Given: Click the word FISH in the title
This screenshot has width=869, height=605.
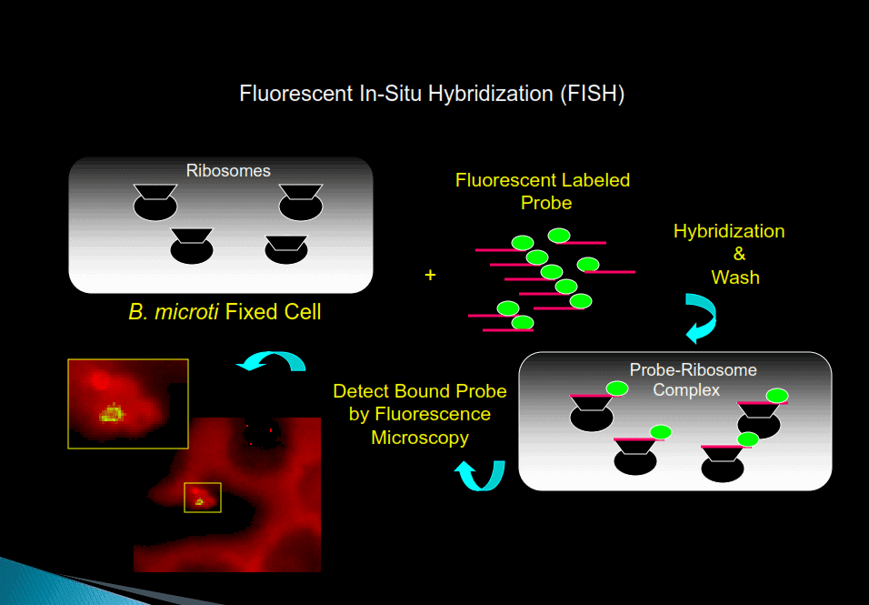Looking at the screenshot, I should pyautogui.click(x=592, y=94).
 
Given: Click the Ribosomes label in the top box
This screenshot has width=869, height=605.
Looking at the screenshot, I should pyautogui.click(x=228, y=170).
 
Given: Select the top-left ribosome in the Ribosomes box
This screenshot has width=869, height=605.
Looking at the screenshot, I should pyautogui.click(x=155, y=202).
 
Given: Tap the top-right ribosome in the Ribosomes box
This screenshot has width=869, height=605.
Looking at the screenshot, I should pyautogui.click(x=301, y=202).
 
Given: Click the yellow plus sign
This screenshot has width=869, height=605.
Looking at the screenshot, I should pyautogui.click(x=431, y=274).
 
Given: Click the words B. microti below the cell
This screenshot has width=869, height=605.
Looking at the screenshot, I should pyautogui.click(x=174, y=312).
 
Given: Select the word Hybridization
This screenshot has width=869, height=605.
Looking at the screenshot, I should pyautogui.click(x=729, y=231).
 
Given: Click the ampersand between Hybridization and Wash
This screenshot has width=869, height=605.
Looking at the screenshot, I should pyautogui.click(x=738, y=254).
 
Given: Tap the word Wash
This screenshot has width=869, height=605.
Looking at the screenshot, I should pyautogui.click(x=735, y=277).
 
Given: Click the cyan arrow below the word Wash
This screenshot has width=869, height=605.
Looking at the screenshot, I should pyautogui.click(x=701, y=318).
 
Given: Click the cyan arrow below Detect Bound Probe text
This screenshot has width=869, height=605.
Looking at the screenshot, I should pyautogui.click(x=480, y=474).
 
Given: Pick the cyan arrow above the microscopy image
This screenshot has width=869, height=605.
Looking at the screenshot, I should pyautogui.click(x=271, y=363).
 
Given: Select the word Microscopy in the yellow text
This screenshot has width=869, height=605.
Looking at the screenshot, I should pyautogui.click(x=420, y=438).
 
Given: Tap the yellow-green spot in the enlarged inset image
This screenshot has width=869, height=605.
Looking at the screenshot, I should pyautogui.click(x=112, y=414).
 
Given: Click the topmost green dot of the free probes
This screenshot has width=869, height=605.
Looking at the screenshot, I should pyautogui.click(x=559, y=237).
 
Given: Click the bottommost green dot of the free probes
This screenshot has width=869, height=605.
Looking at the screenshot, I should pyautogui.click(x=523, y=323).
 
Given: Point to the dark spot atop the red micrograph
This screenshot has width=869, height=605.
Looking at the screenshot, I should pyautogui.click(x=265, y=435).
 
